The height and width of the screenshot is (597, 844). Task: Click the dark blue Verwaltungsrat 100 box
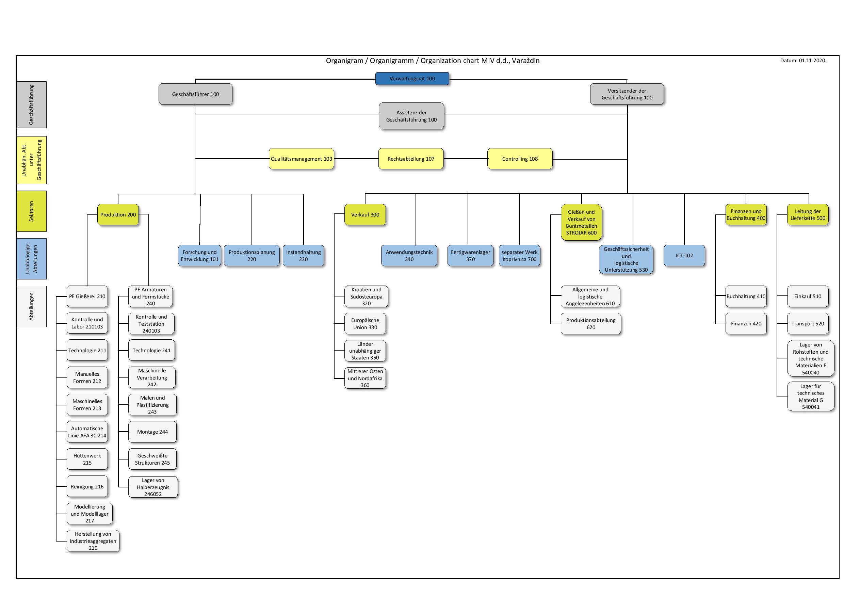coord(412,79)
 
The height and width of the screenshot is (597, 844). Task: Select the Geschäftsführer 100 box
coord(195,94)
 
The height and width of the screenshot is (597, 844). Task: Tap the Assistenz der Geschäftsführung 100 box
coord(411,116)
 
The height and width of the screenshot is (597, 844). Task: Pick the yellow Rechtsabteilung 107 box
coord(411,159)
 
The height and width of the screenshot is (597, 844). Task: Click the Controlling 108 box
coord(520,159)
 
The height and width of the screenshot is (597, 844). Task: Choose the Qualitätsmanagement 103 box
coord(302,159)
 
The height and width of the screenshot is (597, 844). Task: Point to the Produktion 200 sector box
coord(118,215)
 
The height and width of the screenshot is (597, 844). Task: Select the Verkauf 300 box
coord(365,215)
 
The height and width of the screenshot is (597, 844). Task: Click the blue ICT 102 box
coord(684,256)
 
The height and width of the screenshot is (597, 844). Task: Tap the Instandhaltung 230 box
coord(303,256)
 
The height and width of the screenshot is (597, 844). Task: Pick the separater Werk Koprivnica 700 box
coord(519,256)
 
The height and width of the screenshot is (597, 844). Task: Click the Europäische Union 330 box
coord(365,323)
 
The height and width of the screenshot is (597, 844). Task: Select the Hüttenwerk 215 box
coord(87,459)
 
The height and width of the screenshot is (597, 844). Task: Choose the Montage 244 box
coord(152,432)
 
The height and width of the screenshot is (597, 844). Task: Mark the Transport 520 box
coord(808,323)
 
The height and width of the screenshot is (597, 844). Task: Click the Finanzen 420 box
coord(746,323)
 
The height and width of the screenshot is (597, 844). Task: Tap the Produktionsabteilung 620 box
coord(591,323)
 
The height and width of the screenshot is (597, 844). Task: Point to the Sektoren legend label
coord(31,211)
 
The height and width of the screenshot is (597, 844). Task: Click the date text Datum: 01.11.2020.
coord(803,61)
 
